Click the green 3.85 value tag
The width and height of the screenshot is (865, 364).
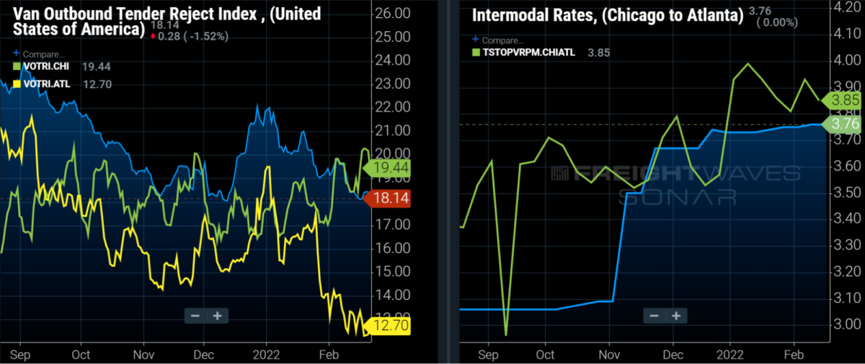[842, 100]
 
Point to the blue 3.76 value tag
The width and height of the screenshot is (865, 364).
[842, 124]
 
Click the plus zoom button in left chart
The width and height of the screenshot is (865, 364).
[216, 316]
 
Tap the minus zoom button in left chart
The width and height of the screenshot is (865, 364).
[195, 316]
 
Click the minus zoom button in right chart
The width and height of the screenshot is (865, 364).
[654, 316]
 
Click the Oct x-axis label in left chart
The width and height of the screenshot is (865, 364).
[80, 355]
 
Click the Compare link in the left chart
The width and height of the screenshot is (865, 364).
[43, 54]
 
